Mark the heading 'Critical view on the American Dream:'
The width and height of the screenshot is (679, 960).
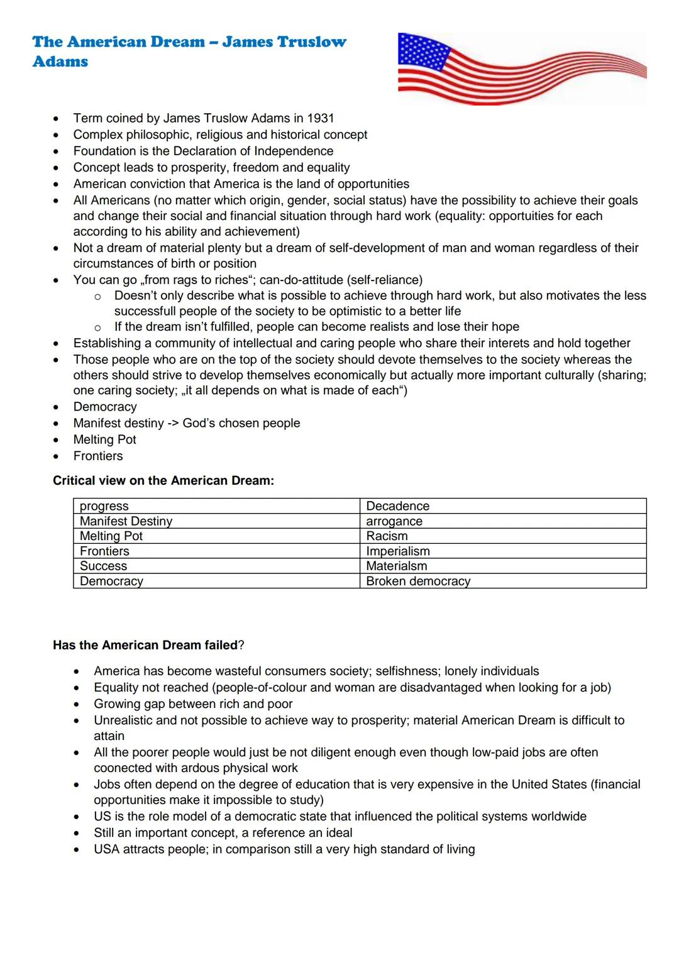pos(163,481)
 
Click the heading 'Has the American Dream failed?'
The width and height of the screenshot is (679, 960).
pos(148,646)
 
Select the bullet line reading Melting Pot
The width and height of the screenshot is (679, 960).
pos(104,440)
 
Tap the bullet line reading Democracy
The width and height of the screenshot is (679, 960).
pos(104,407)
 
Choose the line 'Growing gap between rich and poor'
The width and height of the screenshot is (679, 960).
pos(193,704)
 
